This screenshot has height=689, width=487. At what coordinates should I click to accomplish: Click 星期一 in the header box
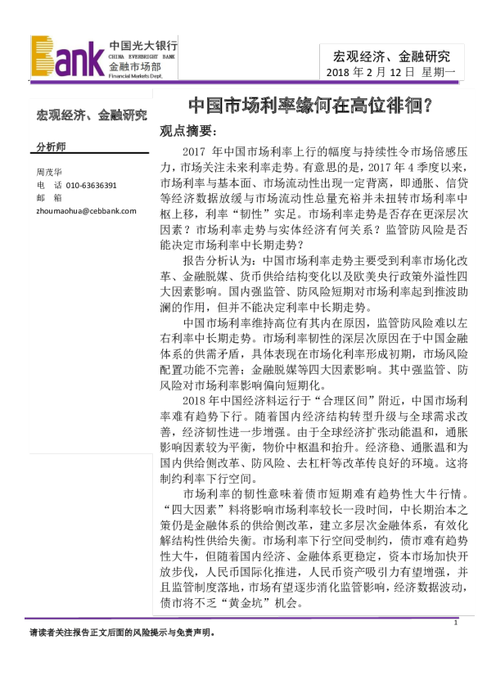[x=442, y=74]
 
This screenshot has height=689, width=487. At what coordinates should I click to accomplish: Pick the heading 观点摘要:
[x=188, y=131]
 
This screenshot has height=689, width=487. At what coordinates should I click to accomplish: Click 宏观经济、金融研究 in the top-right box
[x=391, y=56]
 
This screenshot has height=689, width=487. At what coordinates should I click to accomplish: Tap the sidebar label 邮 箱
[x=49, y=198]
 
